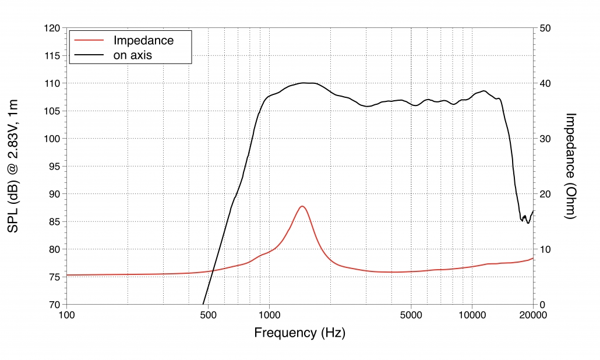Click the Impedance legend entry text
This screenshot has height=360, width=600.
pyautogui.click(x=143, y=40)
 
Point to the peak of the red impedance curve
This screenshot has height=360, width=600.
pyautogui.click(x=302, y=206)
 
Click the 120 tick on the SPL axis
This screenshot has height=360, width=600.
pyautogui.click(x=52, y=29)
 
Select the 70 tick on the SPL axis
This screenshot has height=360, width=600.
pyautogui.click(x=54, y=305)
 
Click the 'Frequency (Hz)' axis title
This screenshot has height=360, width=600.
pyautogui.click(x=299, y=333)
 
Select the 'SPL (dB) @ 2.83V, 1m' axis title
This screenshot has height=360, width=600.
pyautogui.click(x=13, y=166)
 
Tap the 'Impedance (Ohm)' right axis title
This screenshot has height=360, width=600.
pyautogui.click(x=570, y=166)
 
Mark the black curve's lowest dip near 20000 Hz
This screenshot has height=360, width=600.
pyautogui.click(x=528, y=223)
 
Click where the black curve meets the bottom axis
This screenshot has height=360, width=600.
pyautogui.click(x=203, y=304)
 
